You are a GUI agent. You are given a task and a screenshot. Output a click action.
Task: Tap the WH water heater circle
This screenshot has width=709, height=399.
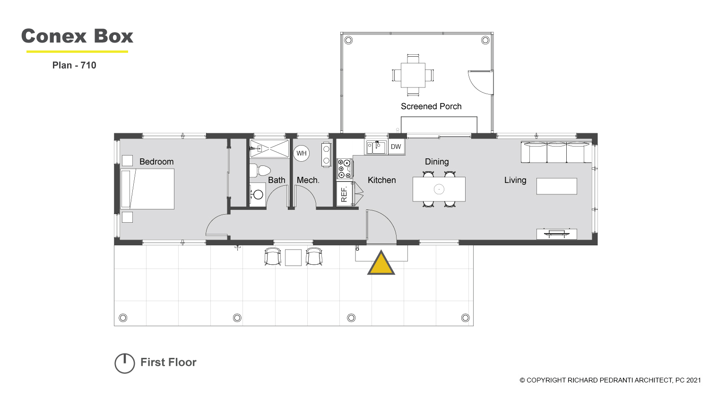[302, 153]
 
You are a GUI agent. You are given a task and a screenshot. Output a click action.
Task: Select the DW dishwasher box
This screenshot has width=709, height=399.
[396, 147]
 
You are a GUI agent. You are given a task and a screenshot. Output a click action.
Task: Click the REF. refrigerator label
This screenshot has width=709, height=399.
[345, 194]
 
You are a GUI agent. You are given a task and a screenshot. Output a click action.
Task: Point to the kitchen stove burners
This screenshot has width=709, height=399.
[345, 169]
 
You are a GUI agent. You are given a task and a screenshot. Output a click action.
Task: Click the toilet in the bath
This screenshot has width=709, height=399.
[260, 171]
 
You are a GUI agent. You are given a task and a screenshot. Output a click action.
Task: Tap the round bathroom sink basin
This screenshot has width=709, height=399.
[258, 195]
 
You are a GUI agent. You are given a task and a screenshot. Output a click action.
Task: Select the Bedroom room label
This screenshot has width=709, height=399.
[156, 162]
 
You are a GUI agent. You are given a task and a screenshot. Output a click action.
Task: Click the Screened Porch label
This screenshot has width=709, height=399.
[431, 106]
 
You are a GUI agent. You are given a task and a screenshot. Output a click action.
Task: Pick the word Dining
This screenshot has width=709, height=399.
[437, 162]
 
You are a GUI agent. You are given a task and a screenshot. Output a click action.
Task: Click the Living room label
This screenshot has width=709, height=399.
[515, 180]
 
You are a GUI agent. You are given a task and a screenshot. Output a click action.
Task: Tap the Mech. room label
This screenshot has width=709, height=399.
[308, 180]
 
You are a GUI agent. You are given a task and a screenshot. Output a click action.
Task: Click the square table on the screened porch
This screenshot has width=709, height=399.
[413, 75]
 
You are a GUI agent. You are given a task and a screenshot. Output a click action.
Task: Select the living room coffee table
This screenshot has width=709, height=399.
[557, 186]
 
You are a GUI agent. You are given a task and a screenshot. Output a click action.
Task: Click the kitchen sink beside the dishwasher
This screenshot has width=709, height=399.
[377, 147]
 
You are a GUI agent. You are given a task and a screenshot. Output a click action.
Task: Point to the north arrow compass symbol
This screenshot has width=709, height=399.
[125, 363]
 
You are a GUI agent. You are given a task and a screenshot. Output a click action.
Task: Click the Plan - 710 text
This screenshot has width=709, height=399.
[74, 65]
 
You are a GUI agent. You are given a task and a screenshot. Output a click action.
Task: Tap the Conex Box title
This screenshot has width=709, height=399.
[77, 36]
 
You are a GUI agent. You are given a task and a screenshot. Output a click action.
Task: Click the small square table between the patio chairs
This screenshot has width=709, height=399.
[293, 258]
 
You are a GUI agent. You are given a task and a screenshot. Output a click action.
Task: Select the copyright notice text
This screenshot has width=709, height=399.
[610, 380]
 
